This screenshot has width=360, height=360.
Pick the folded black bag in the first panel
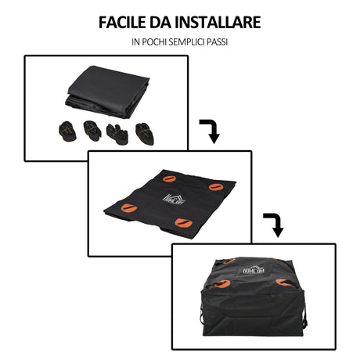(108, 91)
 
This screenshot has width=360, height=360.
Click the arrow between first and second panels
(209, 130)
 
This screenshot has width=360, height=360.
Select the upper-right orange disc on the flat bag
(214, 187)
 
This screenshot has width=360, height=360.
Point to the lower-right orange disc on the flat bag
(184, 224)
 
